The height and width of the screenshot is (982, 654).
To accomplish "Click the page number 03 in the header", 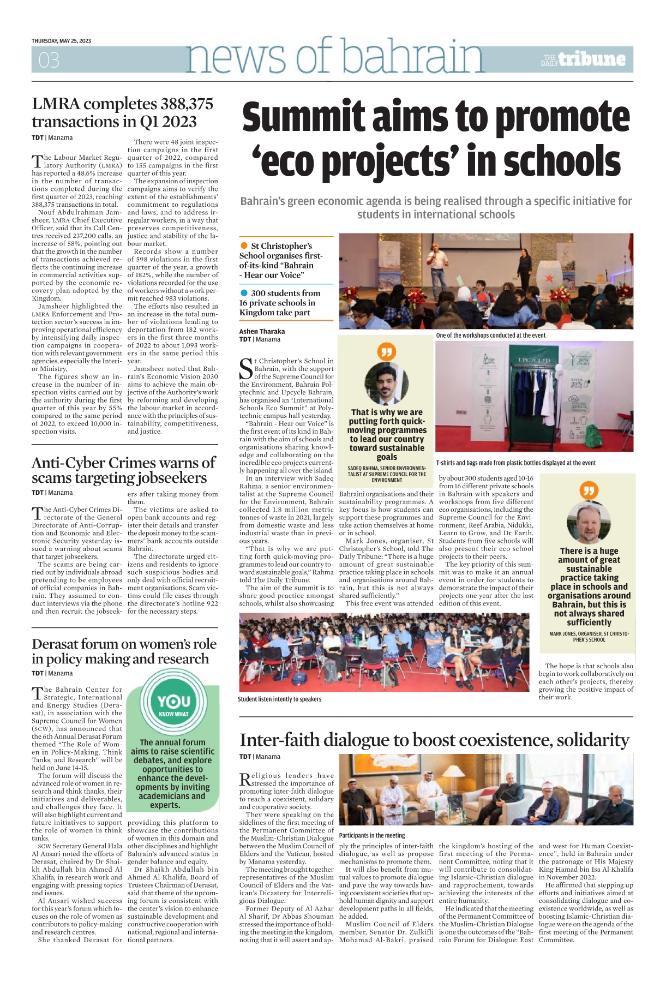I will tap(49, 60).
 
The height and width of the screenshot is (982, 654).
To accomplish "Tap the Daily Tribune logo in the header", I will tap(583, 59).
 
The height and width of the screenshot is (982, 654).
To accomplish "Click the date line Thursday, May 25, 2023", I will tap(61, 41).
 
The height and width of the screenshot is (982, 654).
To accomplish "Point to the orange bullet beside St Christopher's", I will tap(244, 245).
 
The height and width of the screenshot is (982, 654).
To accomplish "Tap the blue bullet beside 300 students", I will tap(244, 293).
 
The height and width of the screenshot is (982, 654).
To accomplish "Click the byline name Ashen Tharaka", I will tap(262, 331).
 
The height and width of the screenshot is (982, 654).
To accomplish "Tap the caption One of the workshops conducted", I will tap(490, 336).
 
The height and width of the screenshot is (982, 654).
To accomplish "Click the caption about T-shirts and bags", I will tap(515, 463).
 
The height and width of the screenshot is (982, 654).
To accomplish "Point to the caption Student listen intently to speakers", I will tap(279, 699).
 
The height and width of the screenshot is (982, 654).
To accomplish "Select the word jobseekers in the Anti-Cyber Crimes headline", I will tap(171, 478).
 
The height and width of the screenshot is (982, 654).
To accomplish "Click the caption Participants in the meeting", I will tap(371, 835).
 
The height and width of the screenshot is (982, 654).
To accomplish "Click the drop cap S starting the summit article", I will tap(247, 369).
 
